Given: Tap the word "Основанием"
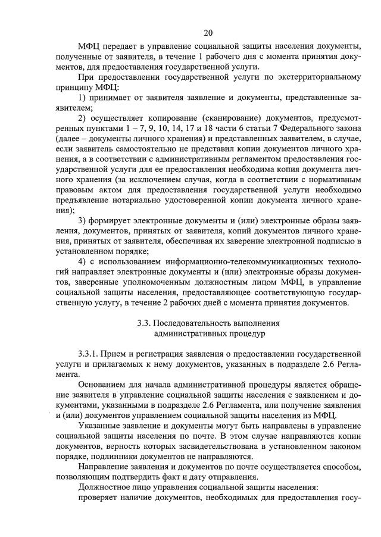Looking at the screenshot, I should pyautogui.click(x=102, y=387).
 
